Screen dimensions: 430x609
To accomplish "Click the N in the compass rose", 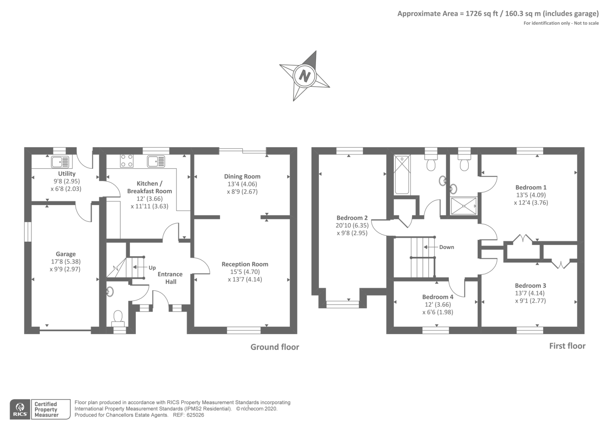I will tap(304, 75).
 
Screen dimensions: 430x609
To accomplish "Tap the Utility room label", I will tap(67, 174).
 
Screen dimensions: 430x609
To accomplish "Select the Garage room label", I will tap(66, 254).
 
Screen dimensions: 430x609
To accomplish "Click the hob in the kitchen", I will tap(127, 161).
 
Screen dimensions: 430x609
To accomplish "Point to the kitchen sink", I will tap(156, 161).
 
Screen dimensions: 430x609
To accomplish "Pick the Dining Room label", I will tap(242, 176).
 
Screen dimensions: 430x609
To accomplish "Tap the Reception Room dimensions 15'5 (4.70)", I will tap(245, 272).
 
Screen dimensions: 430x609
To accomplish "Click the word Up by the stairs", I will tap(152, 268).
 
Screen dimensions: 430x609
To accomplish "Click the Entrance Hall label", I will tap(170, 278).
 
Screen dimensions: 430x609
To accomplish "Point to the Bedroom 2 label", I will tap(352, 218).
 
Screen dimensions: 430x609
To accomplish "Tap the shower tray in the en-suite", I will tap(463, 206).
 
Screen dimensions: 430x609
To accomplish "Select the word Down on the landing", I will tap(446, 247).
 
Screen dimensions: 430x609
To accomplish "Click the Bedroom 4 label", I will tap(438, 297).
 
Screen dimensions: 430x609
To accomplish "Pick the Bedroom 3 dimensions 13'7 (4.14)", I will tap(530, 293).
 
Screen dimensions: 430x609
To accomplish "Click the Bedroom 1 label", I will tap(531, 187).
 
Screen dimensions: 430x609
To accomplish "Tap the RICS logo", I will tap(20, 409).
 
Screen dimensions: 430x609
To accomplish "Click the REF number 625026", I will tap(195, 415).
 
